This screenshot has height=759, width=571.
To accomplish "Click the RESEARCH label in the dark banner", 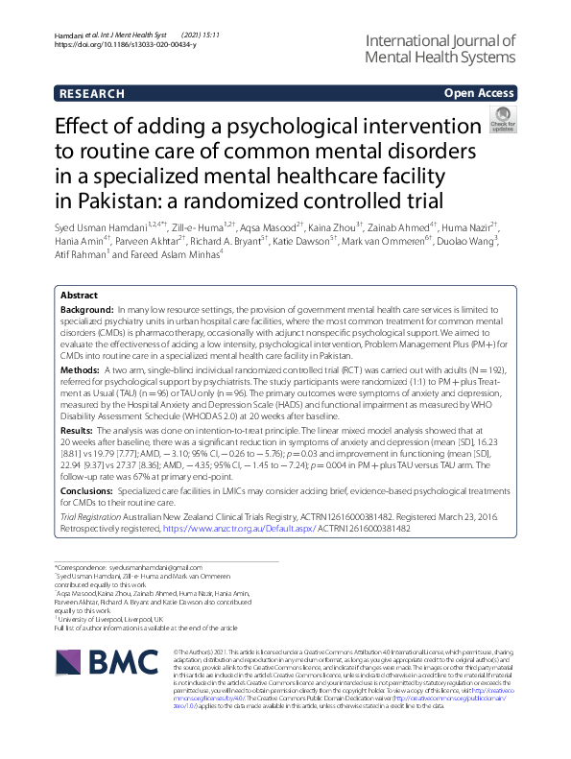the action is tap(92, 93).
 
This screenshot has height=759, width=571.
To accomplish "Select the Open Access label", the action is tap(477, 93).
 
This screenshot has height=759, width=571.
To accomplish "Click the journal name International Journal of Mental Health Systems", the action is tap(441, 49).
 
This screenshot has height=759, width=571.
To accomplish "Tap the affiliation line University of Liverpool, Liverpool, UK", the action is tap(114, 620).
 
